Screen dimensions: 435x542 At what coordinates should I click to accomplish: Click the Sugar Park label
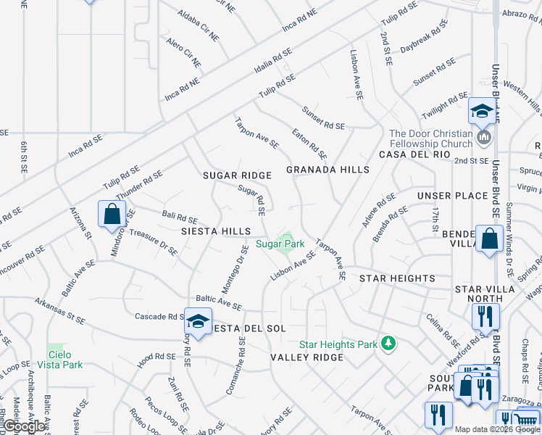pyautogui.click(x=280, y=244)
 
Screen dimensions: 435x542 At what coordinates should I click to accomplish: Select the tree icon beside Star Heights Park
pyautogui.click(x=388, y=343)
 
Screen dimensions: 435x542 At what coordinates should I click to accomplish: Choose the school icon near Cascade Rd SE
pyautogui.click(x=197, y=320)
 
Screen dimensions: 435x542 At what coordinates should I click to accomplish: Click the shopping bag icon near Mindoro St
pyautogui.click(x=112, y=214)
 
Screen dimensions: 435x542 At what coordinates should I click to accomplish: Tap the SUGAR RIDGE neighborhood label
pyautogui.click(x=237, y=175)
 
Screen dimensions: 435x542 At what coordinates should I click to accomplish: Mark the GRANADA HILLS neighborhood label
pyautogui.click(x=328, y=170)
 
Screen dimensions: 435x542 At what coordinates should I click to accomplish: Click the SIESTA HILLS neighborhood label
pyautogui.click(x=215, y=231)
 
